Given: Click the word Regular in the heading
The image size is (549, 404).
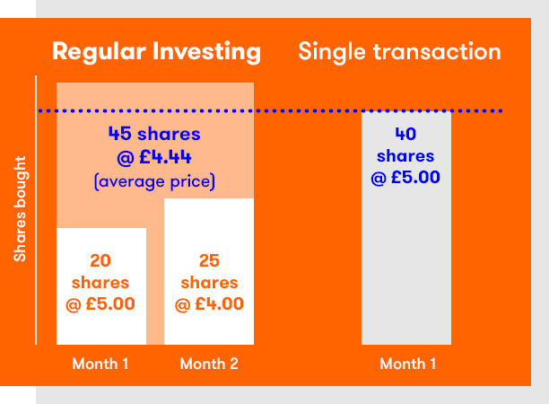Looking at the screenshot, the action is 99,52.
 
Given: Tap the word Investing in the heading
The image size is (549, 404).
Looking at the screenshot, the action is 206,52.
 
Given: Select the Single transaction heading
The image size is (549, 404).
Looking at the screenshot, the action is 399,52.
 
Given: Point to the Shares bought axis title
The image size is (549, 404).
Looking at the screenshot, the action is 20,209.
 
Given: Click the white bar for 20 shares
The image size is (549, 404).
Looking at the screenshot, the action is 101,286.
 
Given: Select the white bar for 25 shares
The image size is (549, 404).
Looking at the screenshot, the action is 209,271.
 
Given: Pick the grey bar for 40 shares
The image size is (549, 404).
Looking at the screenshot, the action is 406,228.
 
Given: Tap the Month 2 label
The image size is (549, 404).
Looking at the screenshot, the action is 209,364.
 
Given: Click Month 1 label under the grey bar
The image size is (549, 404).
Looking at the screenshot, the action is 408,364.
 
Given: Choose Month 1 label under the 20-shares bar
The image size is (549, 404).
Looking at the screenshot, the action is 100,364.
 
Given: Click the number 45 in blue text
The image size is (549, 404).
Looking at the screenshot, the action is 119,134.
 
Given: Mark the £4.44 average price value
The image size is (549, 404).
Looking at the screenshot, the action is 165,157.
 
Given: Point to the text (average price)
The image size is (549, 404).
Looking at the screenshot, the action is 154,181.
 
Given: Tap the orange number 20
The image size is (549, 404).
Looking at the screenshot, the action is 100,260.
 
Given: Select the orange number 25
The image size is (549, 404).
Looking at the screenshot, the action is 209,260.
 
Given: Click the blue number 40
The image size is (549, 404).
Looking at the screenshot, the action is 405,134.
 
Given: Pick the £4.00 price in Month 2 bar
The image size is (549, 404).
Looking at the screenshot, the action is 219,303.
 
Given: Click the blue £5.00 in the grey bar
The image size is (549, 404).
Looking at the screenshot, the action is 415,177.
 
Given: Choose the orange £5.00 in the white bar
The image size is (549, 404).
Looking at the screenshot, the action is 110,303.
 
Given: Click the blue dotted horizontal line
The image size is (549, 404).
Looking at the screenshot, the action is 270,110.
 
